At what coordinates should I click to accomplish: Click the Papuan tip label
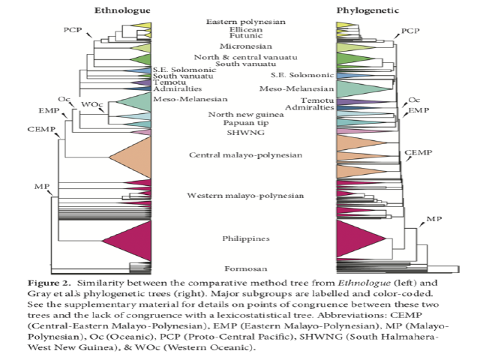click(x=244, y=122)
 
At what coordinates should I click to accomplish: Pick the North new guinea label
click(x=244, y=114)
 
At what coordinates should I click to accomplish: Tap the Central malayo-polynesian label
click(x=244, y=155)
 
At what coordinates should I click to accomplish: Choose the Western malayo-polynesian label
click(x=244, y=196)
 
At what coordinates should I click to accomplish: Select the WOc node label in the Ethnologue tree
click(x=92, y=103)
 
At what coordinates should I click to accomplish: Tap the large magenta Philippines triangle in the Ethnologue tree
click(x=128, y=239)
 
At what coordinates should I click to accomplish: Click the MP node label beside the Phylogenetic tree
click(x=434, y=218)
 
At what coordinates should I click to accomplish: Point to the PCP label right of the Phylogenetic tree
click(x=410, y=31)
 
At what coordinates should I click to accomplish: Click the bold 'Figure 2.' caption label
click(x=70, y=283)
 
